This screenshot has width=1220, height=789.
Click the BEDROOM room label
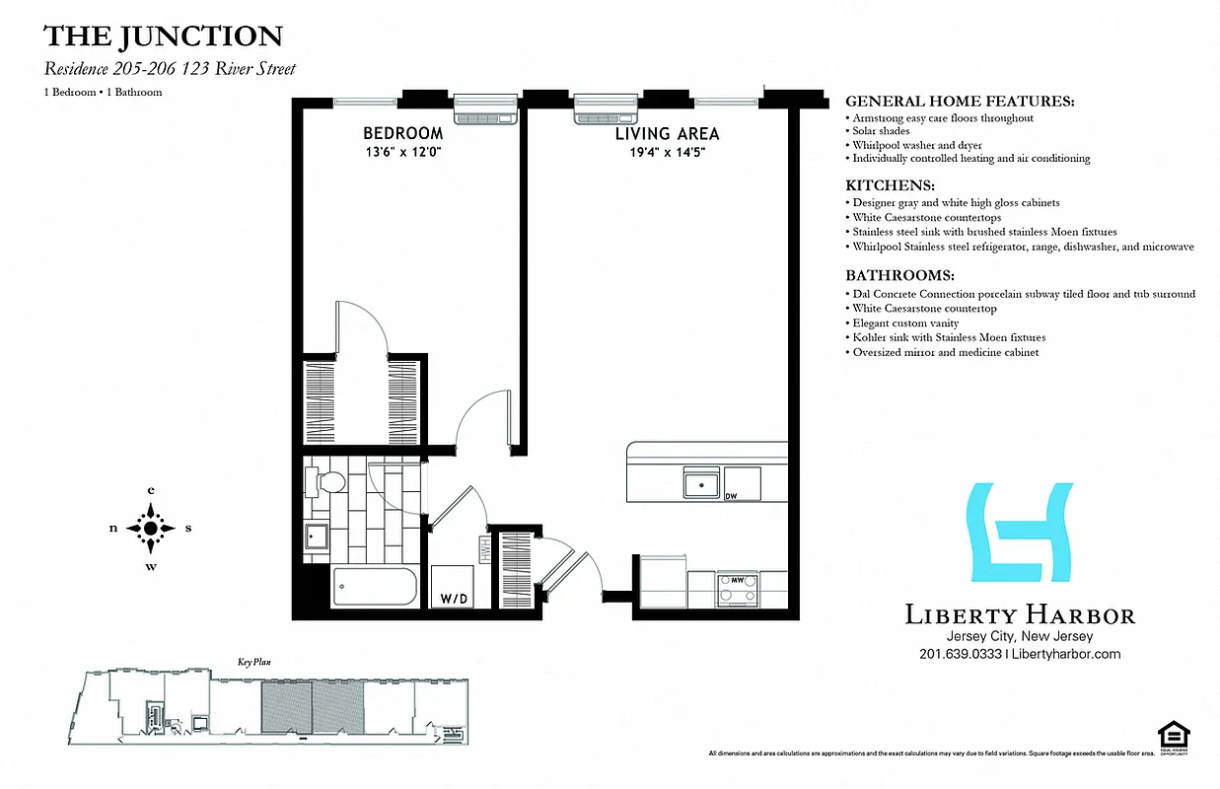(x=402, y=133)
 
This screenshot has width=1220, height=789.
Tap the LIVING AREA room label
(x=667, y=133)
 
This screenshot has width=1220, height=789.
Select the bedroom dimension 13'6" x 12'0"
(x=402, y=152)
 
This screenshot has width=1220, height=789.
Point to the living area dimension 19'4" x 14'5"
(x=667, y=152)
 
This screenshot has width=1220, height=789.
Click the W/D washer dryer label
(x=454, y=598)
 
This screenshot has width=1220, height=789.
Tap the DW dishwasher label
(x=732, y=496)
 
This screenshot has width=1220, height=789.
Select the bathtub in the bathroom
(x=376, y=588)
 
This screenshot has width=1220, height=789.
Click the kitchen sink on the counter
(x=701, y=484)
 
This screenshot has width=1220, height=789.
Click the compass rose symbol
(x=150, y=528)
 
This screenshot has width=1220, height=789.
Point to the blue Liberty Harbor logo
(x=1021, y=532)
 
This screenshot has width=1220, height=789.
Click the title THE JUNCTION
(x=163, y=37)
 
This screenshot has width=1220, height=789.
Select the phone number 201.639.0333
(x=960, y=654)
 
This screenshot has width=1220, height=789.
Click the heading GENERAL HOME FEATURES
(x=960, y=102)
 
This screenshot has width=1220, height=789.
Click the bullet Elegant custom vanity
(x=905, y=323)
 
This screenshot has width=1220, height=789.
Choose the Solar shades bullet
(x=882, y=131)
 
